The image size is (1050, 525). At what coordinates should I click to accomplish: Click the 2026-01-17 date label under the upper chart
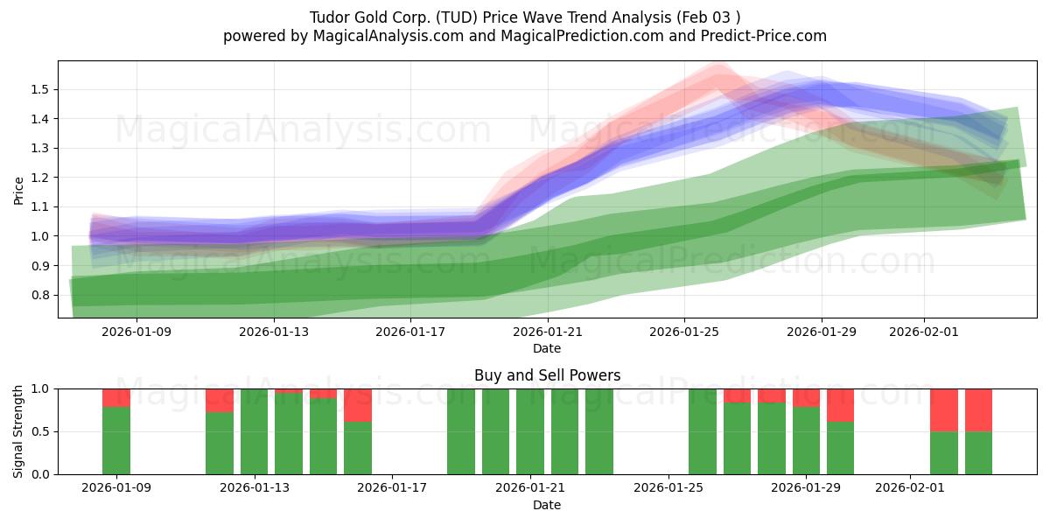410,332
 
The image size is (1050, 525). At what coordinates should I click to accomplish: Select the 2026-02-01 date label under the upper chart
924,332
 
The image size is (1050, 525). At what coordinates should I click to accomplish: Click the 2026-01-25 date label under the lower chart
668,488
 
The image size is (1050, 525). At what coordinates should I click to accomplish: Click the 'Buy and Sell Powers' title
547,375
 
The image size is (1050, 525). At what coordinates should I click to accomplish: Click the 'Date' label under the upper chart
547,348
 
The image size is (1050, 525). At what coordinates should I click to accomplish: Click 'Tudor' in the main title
329,17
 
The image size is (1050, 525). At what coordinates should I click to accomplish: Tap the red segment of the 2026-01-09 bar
116,397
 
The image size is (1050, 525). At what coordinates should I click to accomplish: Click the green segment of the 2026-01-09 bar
116,440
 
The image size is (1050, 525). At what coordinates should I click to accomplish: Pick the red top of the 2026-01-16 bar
358,405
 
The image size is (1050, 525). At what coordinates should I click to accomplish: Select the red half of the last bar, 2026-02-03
978,409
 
